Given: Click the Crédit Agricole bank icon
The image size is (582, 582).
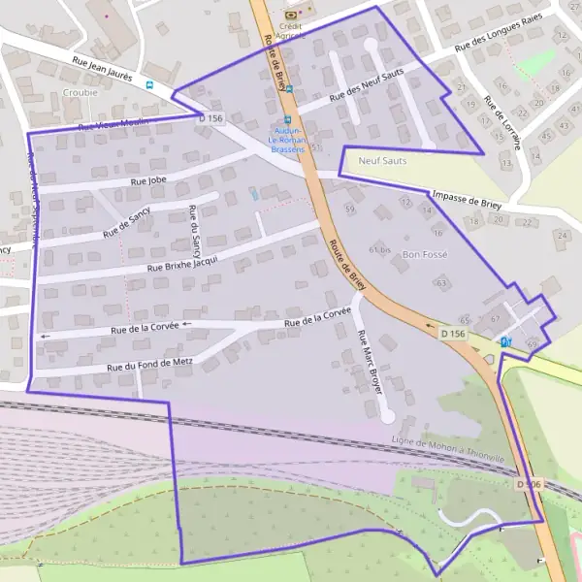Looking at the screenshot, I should tap(290, 14).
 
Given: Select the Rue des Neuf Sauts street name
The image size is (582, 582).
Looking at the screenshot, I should tap(366, 86).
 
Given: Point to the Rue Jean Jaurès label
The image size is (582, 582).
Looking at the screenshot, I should tap(102, 67).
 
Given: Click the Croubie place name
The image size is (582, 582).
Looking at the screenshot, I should tap(80, 94).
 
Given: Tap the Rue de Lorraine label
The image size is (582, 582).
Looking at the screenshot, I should tap(502, 125).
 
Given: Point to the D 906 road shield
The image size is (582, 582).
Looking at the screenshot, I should tap(528, 484).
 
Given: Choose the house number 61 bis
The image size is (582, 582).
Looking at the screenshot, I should tap(379, 249).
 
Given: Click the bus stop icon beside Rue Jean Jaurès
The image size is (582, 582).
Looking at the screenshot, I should tap(148, 84).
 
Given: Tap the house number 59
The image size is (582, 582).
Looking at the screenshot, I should tap(349, 210).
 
